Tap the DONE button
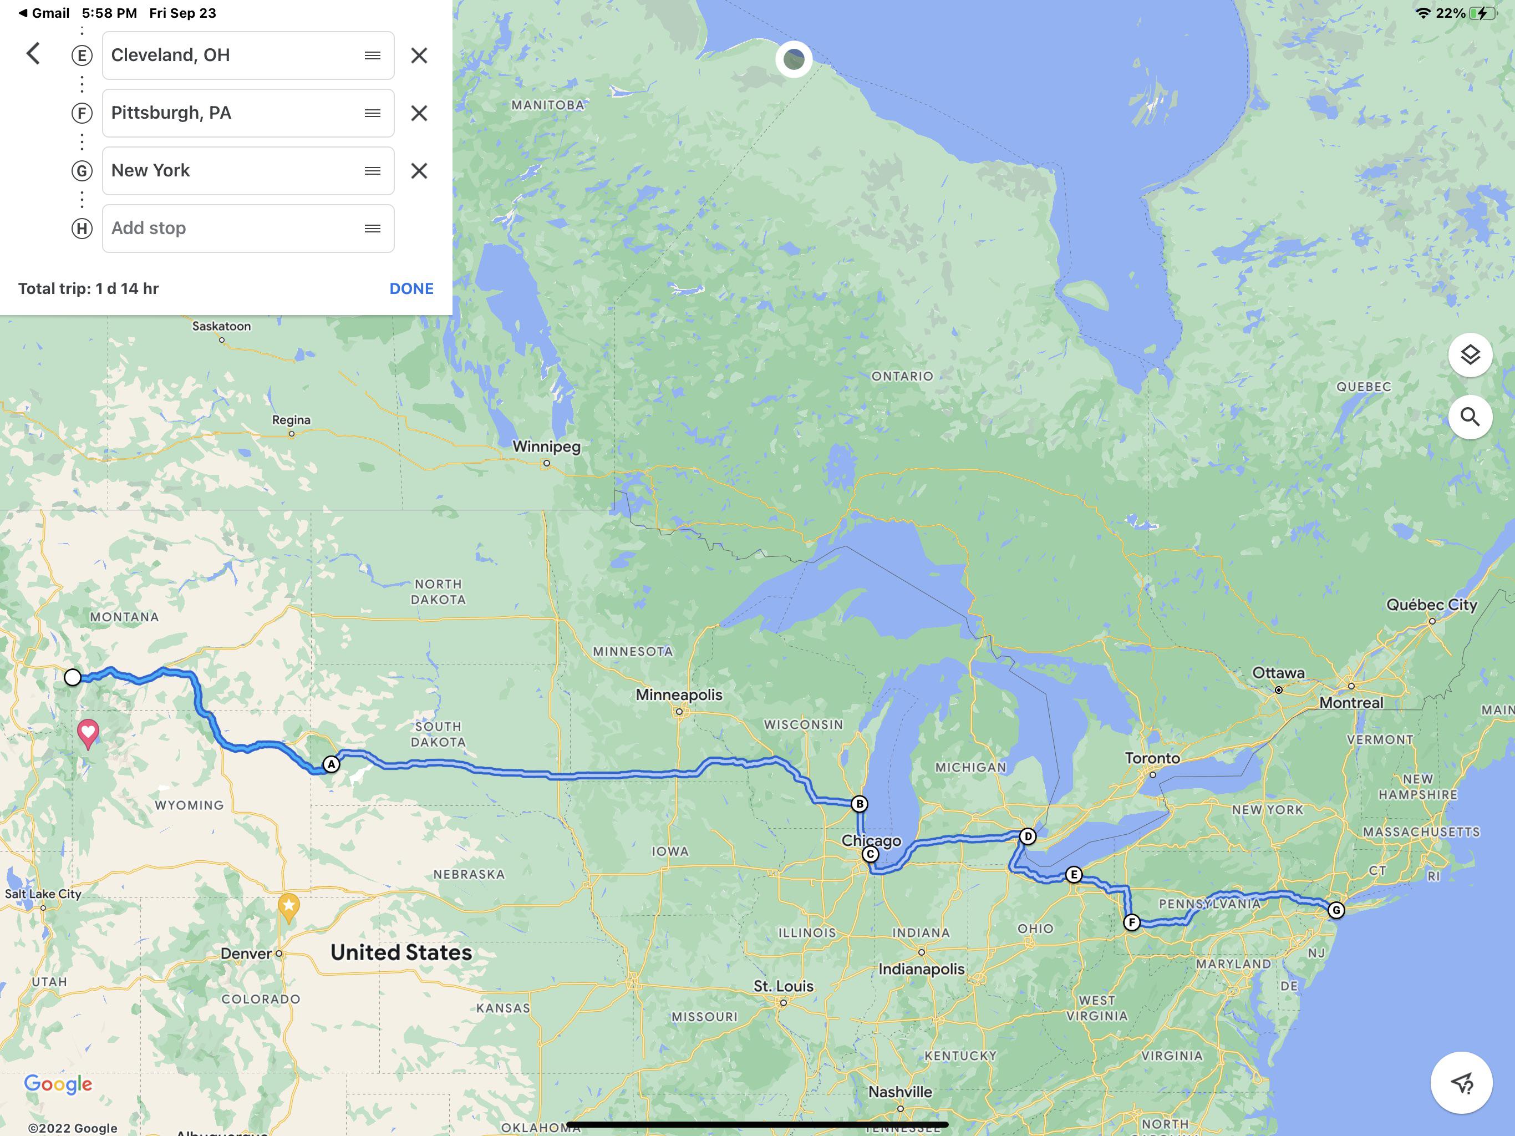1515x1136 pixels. click(x=411, y=288)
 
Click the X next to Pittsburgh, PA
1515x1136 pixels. click(x=419, y=113)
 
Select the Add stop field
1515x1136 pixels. click(x=233, y=228)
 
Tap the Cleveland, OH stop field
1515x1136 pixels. click(x=233, y=55)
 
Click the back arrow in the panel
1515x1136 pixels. click(x=33, y=53)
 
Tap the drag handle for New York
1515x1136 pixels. click(x=372, y=171)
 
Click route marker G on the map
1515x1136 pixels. click(x=1335, y=910)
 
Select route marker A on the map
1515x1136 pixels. click(x=331, y=764)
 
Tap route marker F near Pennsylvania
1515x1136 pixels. click(x=1131, y=922)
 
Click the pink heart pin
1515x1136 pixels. click(x=88, y=732)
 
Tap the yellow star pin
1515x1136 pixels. click(x=288, y=906)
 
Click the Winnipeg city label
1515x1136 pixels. click(x=546, y=447)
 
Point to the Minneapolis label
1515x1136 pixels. click(x=678, y=695)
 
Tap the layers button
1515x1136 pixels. click(x=1470, y=355)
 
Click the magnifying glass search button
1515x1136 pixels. click(x=1470, y=417)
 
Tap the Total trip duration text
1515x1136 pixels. click(x=88, y=288)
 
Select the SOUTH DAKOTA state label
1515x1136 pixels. click(x=438, y=734)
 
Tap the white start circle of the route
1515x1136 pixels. click(x=73, y=677)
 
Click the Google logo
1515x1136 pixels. click(x=58, y=1083)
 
